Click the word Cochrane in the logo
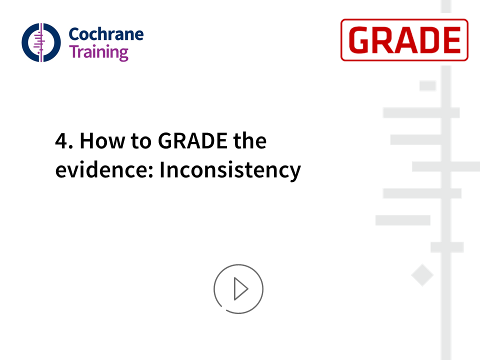coord(106,34)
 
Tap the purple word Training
coord(98,52)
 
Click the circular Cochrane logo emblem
coord(41,42)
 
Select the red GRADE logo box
coord(404,40)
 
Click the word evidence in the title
coord(101,169)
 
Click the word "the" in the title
coord(250,141)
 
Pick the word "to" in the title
coord(141,141)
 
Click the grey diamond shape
coord(422,275)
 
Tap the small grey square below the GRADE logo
coord(427,85)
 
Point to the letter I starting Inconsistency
coord(162,169)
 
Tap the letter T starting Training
coord(74,51)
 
